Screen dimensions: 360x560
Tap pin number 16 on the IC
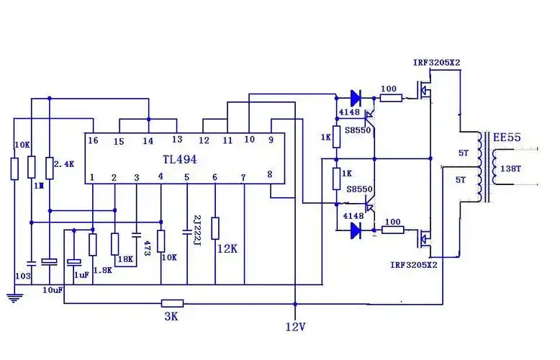pyautogui.click(x=93, y=140)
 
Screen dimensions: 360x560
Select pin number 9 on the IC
pyautogui.click(x=271, y=140)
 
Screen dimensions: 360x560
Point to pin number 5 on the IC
pyautogui.click(x=186, y=177)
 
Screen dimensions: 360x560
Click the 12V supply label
pyautogui.click(x=294, y=328)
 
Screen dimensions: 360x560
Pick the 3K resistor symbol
pyautogui.click(x=172, y=304)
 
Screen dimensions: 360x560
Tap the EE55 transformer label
pyautogui.click(x=507, y=138)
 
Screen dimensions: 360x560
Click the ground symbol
pyautogui.click(x=14, y=296)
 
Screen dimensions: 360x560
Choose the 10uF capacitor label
pyautogui.click(x=52, y=289)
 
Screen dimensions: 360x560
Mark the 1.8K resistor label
pyautogui.click(x=102, y=270)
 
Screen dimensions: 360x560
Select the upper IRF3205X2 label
pyautogui.click(x=436, y=63)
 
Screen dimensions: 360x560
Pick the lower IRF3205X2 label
pyautogui.click(x=415, y=264)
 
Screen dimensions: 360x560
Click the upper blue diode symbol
pyautogui.click(x=354, y=96)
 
